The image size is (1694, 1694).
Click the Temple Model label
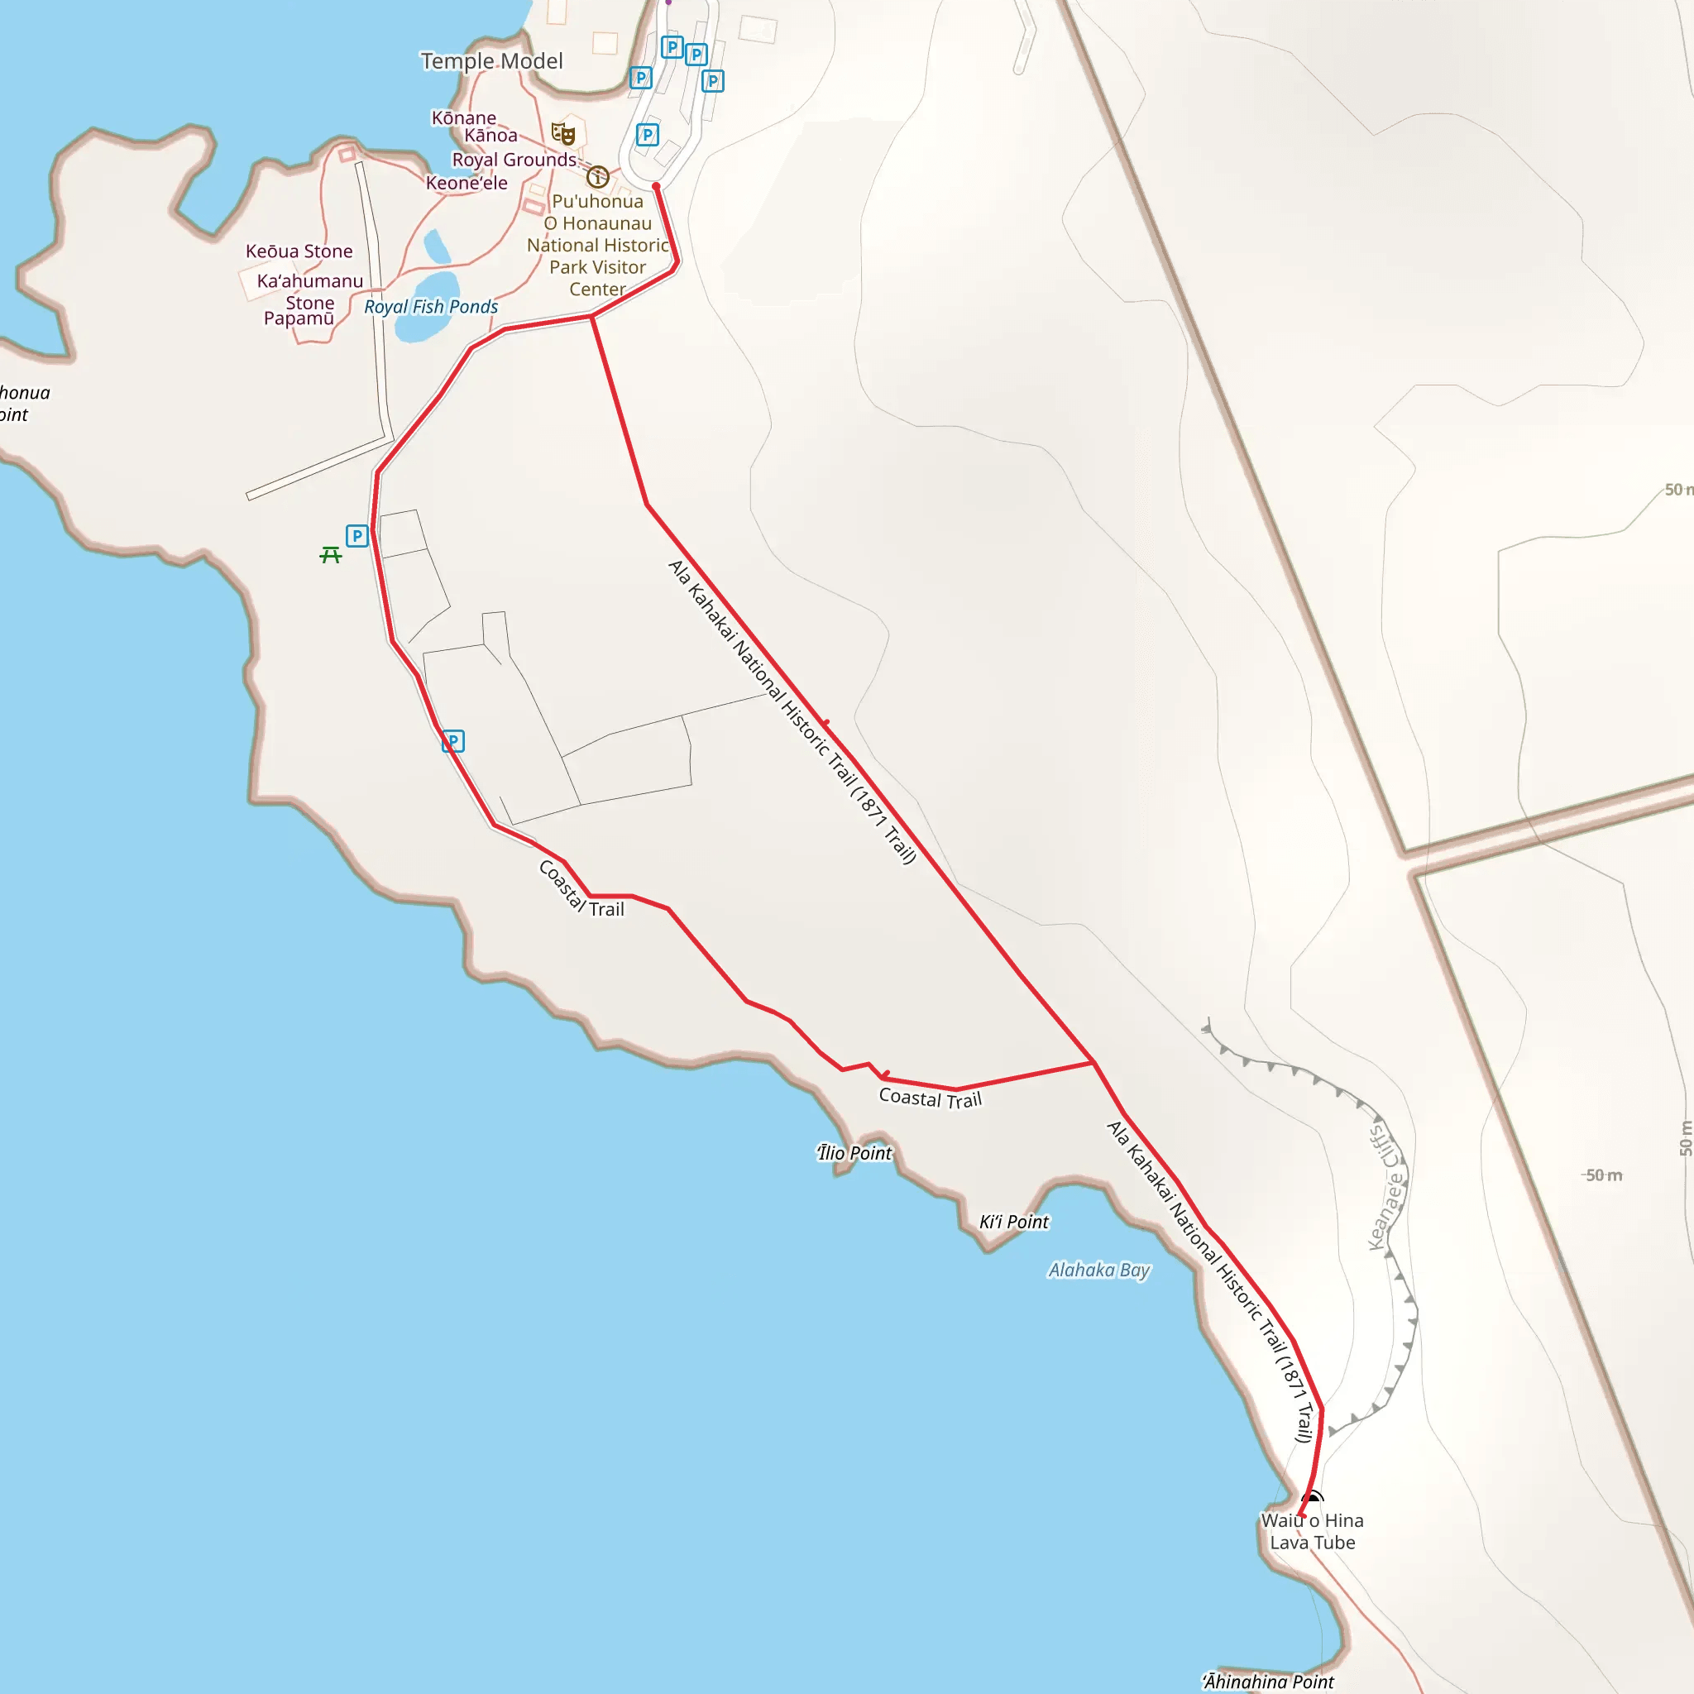pos(491,61)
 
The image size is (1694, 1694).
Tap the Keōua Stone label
pos(299,251)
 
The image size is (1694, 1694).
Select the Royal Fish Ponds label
pos(430,307)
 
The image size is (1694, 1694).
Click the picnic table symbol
pos(331,555)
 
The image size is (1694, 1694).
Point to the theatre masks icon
pos(563,134)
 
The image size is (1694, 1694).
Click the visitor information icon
pos(598,177)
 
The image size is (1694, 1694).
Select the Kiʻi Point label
pos(1013,1222)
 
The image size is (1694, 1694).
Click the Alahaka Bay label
pos(1098,1270)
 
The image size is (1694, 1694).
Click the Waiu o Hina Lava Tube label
pos(1313,1532)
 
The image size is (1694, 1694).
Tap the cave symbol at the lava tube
pos(1312,1498)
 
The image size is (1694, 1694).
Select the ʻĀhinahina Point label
pos(1268,1681)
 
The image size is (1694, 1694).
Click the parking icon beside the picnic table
pos(357,536)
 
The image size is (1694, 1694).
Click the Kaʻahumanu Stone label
pos(309,291)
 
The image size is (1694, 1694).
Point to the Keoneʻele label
pos(467,184)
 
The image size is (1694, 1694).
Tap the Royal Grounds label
pos(514,160)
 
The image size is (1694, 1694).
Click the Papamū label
pos(299,318)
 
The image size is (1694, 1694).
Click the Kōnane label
pos(464,117)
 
